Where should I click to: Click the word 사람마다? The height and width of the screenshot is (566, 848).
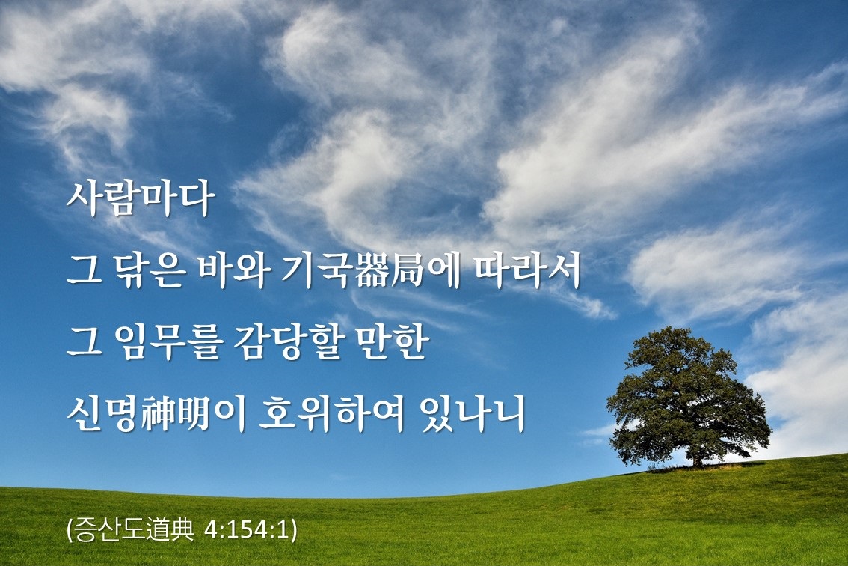click(x=141, y=199)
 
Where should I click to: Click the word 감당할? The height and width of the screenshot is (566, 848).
click(x=288, y=342)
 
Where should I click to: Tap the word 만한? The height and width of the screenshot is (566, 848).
click(x=392, y=342)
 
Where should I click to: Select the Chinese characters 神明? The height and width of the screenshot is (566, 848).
click(x=174, y=414)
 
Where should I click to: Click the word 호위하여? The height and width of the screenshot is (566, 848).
click(x=332, y=414)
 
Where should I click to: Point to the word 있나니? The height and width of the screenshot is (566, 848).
click(x=472, y=414)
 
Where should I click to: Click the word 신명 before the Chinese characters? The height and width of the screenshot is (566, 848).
click(x=102, y=414)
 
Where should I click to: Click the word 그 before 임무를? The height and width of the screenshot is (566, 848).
click(x=85, y=344)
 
